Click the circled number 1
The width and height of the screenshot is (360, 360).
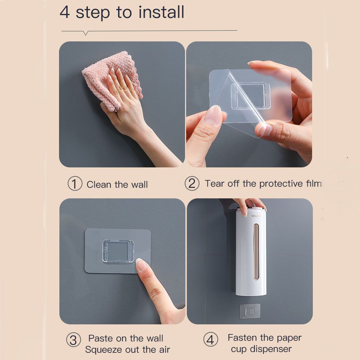coord(75,184)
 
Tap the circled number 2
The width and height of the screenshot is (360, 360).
coord(192,184)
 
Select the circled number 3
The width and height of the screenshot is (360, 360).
coord(73,340)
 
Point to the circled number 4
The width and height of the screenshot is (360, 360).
coord(211,339)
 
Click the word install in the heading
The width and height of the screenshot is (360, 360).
coord(161,12)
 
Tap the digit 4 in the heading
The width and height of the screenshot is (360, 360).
coord(65,12)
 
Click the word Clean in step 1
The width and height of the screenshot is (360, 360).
coord(99,185)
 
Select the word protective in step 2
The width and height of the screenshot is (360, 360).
coord(281,184)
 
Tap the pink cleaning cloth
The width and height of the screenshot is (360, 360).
coord(112,80)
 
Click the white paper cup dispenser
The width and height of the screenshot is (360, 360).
coord(251,251)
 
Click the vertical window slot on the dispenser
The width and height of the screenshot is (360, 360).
coord(256,252)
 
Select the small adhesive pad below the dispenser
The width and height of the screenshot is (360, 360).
coord(250,311)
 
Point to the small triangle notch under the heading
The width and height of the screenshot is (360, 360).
coord(86,33)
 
